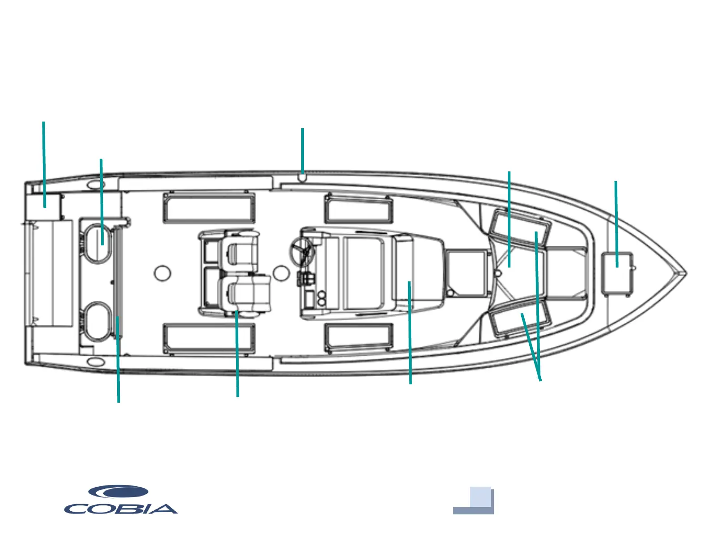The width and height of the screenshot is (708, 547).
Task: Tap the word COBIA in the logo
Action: [x=121, y=509]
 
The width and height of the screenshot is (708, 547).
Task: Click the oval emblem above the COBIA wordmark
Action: [x=118, y=492]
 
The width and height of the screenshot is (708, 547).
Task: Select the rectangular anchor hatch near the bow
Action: [x=617, y=273]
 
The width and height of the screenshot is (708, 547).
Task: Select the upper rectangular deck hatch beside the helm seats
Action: [x=209, y=208]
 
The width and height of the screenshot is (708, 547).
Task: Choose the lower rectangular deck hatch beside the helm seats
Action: [x=209, y=339]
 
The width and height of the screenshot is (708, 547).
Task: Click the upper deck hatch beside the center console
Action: [x=359, y=209]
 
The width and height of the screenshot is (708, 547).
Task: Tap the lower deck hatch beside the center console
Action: [x=359, y=337]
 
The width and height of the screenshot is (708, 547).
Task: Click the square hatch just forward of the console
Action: [x=467, y=273]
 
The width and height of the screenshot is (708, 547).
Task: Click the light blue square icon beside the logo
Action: [x=480, y=497]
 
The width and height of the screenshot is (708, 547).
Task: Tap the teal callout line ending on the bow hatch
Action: [x=616, y=223]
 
